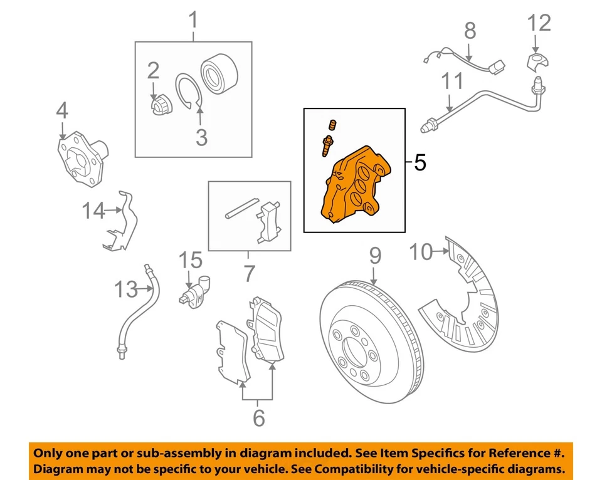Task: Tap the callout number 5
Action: [420, 163]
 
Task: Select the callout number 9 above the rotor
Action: [374, 256]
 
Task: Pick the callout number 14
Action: [94, 211]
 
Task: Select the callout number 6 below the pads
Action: [258, 418]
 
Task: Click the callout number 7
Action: [249, 273]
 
